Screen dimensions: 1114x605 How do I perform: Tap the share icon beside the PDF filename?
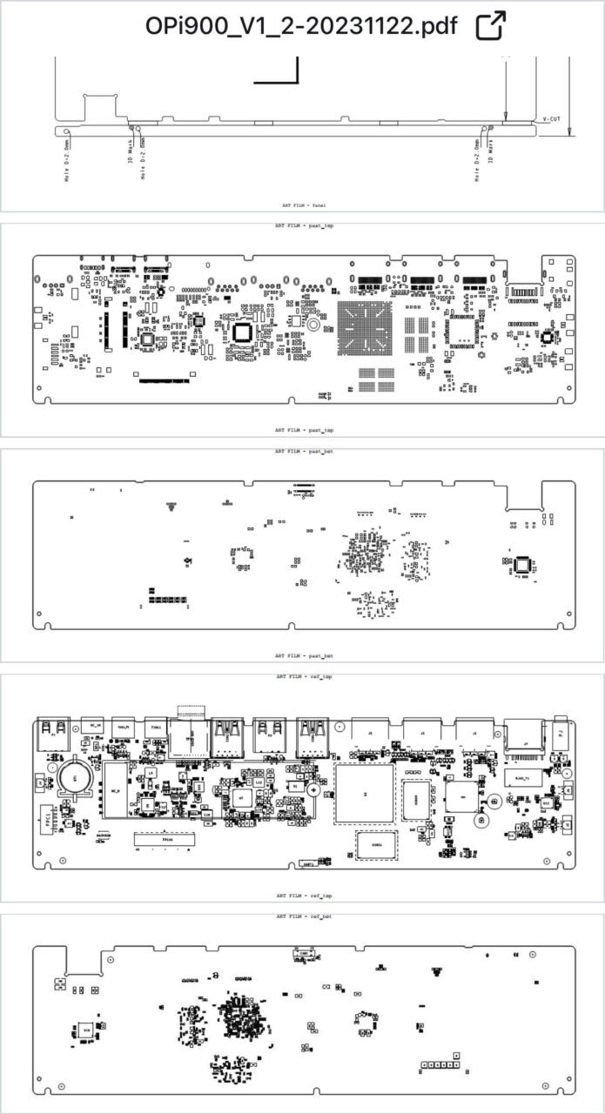491,25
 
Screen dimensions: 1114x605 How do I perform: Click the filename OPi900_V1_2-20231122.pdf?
301,25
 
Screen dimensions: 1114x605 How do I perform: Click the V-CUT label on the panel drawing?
551,118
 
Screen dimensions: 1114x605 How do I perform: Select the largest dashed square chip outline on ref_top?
364,795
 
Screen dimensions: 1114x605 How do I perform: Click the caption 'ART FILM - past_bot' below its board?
304,655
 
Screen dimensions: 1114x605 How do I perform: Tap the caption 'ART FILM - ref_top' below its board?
304,895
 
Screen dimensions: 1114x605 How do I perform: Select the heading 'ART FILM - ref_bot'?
304,916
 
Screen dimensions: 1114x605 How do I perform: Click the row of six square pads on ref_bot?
440,1064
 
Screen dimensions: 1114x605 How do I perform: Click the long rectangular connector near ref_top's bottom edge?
163,840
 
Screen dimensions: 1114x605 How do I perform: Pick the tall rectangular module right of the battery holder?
116,791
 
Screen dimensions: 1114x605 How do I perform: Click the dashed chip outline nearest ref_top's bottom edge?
377,843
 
